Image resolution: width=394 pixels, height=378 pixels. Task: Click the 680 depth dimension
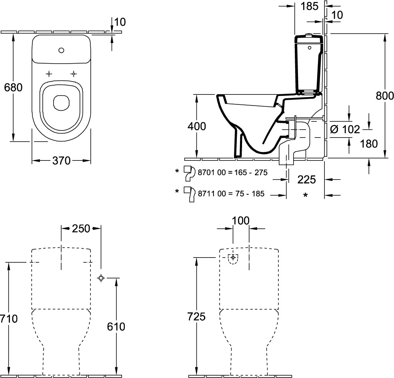[x=13, y=87]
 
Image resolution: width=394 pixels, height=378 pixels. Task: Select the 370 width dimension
[x=61, y=161]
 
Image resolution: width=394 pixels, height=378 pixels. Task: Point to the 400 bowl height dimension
[x=197, y=126]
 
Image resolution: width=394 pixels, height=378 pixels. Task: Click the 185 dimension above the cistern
[x=309, y=6]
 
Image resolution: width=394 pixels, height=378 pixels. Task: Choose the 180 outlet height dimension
[x=369, y=143]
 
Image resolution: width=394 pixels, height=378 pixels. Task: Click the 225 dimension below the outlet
[x=306, y=180]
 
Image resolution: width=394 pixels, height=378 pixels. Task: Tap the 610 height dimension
[x=116, y=326]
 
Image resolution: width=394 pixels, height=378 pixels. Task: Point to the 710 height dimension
[x=8, y=319]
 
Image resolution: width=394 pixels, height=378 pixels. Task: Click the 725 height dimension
[x=196, y=317]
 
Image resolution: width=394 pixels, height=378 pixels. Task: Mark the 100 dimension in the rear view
[x=240, y=220]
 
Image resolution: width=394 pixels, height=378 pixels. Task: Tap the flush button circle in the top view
[x=61, y=50]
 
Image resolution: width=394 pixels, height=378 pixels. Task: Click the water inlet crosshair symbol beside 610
[x=101, y=278]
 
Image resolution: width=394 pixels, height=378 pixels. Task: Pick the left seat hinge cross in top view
[x=49, y=74]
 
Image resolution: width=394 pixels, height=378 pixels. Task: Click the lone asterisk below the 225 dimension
[x=306, y=196]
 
